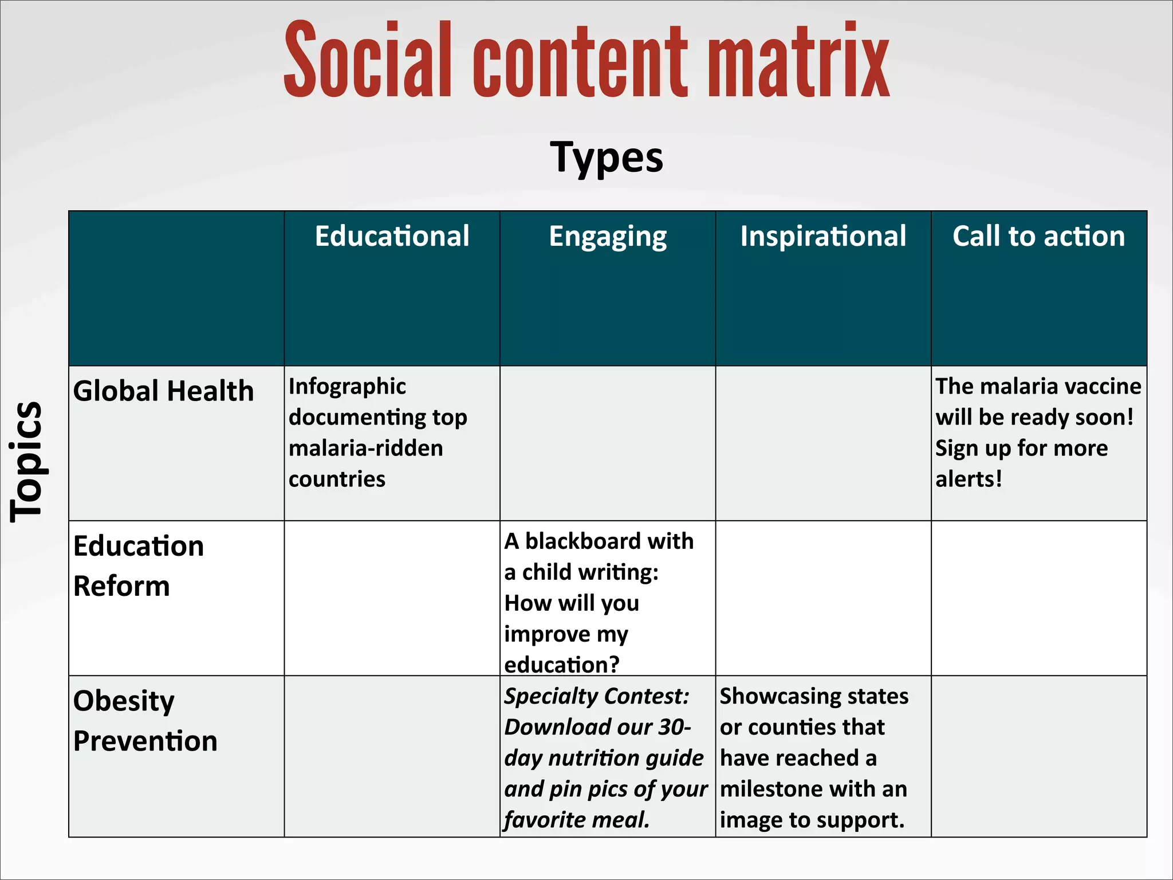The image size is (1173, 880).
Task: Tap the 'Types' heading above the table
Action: [607, 157]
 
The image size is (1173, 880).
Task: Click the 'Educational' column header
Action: [392, 236]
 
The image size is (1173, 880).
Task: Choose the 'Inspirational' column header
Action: [823, 236]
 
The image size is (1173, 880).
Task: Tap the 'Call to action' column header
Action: [1038, 236]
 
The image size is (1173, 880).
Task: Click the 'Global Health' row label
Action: [163, 391]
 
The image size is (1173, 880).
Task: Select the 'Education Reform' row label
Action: [139, 566]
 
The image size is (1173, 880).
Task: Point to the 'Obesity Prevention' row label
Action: [145, 721]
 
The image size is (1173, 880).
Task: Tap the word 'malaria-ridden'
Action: [365, 448]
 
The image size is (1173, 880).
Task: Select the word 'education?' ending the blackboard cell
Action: [562, 665]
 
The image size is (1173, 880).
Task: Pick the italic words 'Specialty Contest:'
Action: [596, 697]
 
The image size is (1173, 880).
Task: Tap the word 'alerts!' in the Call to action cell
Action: [969, 480]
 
